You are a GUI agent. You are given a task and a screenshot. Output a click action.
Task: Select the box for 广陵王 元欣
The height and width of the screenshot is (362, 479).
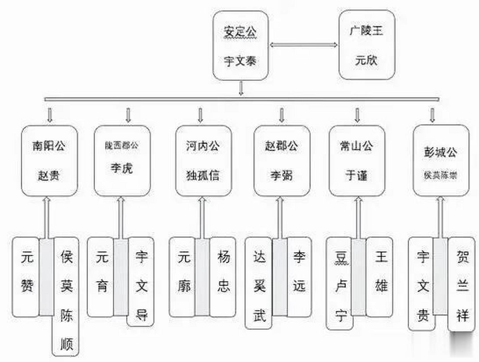pyautogui.click(x=367, y=45)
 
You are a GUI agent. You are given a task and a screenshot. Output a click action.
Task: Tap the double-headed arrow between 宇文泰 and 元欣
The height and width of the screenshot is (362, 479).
pyautogui.click(x=303, y=45)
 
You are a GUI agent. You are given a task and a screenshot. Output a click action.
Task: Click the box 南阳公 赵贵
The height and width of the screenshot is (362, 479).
pyautogui.click(x=49, y=161)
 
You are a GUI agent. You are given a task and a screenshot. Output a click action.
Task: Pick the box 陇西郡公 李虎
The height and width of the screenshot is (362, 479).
pyautogui.click(x=122, y=161)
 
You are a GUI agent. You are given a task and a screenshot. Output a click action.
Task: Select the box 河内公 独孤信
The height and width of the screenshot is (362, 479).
pyautogui.click(x=203, y=161)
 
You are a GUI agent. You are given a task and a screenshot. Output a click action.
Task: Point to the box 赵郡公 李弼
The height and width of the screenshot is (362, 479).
pyautogui.click(x=282, y=161)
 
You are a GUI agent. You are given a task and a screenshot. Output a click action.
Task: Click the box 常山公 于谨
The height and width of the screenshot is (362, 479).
pyautogui.click(x=357, y=161)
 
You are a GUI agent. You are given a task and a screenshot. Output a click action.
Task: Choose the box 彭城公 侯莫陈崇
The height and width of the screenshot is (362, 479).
pyautogui.click(x=441, y=161)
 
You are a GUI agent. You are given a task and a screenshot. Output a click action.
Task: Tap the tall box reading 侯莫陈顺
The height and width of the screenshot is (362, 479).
pyautogui.click(x=66, y=297)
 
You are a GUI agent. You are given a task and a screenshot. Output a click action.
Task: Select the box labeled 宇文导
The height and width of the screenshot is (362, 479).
pyautogui.click(x=141, y=281)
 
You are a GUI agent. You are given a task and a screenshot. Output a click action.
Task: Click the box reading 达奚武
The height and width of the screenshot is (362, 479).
pyautogui.click(x=259, y=283)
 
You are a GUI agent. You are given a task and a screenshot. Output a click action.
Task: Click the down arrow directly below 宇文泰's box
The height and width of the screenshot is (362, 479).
pyautogui.click(x=241, y=88)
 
